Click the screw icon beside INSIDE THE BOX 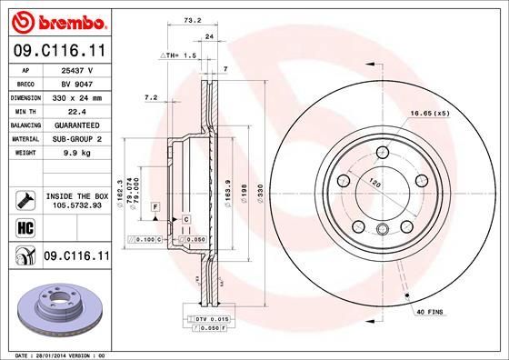click(x=21, y=197)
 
